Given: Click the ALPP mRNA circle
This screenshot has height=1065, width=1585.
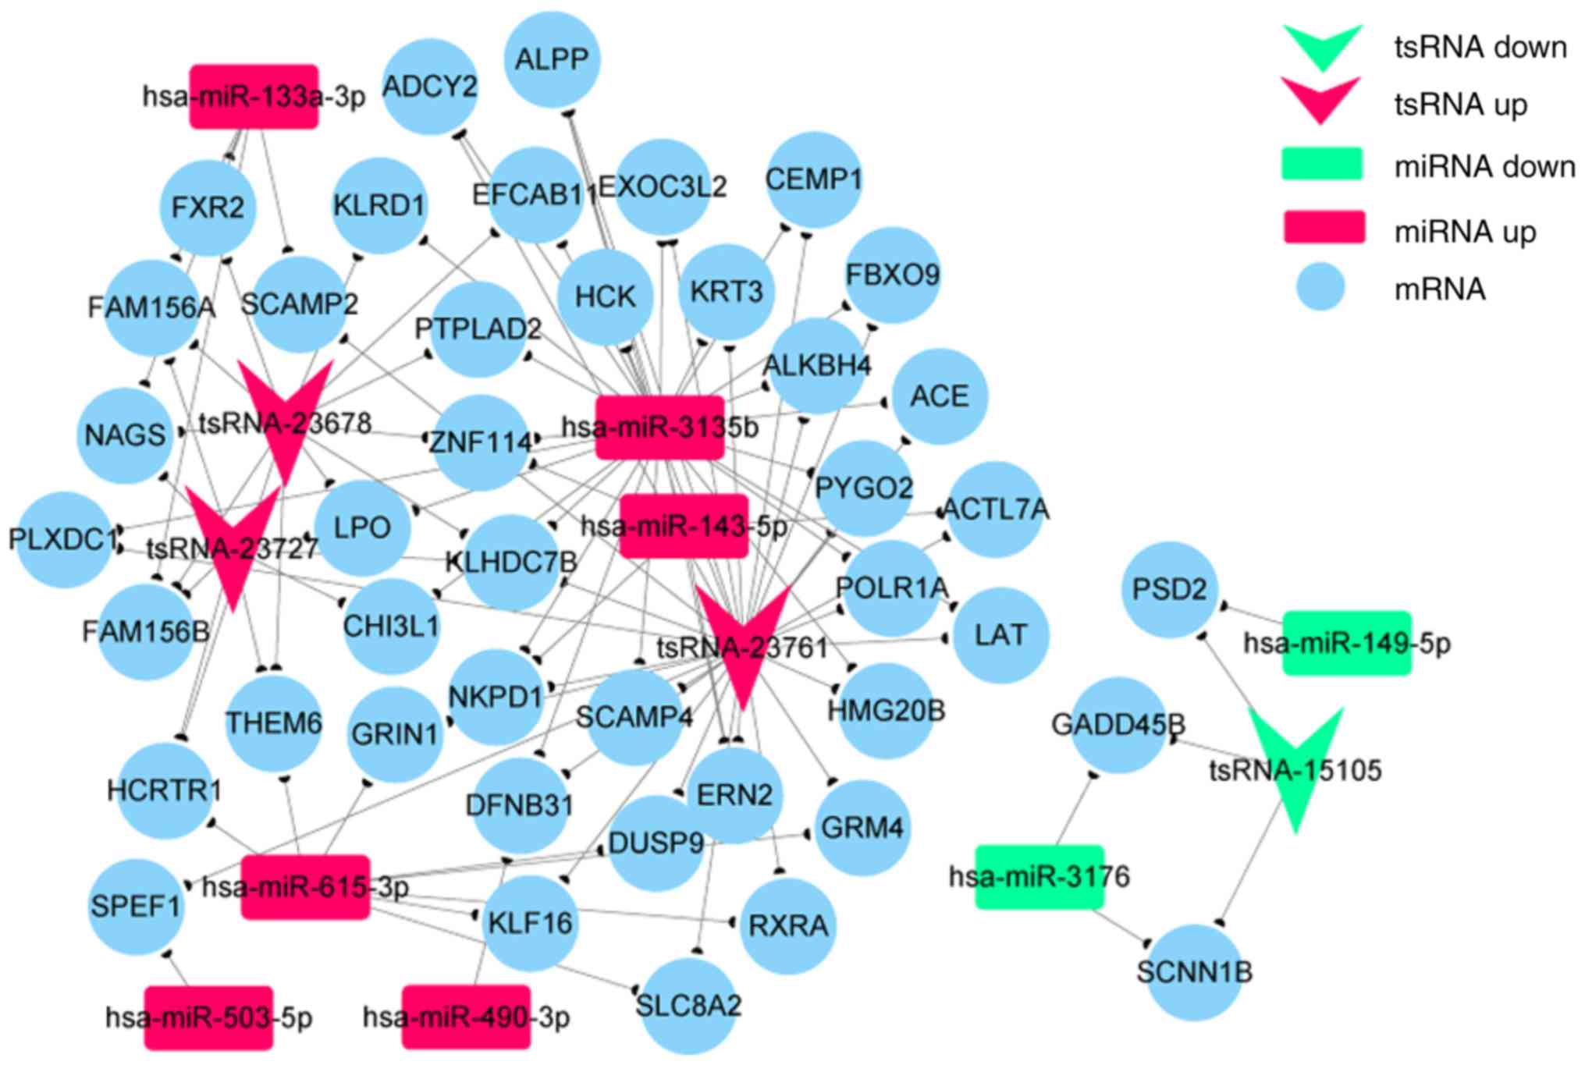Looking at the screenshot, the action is point(552,59).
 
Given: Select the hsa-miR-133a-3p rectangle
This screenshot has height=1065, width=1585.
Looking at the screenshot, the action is point(254,97).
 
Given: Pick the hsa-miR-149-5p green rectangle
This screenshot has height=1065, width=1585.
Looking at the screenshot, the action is point(1347,643).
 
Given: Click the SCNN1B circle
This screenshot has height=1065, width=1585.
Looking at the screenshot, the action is point(1194,972).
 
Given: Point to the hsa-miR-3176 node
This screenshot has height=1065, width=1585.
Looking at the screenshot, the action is point(1039,877).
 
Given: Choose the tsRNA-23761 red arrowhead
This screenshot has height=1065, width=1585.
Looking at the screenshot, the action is point(743,640).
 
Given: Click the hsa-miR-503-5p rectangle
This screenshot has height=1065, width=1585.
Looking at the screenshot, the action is point(209,1017).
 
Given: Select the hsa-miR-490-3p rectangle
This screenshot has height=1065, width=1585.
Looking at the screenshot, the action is point(467,1017).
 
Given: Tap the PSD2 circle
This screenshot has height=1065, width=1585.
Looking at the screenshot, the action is point(1169,589).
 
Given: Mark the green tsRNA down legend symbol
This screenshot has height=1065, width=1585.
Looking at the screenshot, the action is point(1323,44).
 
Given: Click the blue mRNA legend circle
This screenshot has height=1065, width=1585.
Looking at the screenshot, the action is point(1320,287).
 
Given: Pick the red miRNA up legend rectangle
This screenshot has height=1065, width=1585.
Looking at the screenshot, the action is point(1324,228).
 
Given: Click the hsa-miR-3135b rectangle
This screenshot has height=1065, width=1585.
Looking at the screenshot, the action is point(660,428).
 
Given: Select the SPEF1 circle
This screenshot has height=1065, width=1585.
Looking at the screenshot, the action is point(136,907).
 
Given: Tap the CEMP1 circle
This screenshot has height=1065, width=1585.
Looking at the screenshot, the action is point(813,180).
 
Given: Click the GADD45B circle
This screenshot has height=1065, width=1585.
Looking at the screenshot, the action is point(1118,725).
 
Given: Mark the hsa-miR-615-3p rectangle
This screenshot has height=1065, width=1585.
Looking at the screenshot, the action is point(305,887).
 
